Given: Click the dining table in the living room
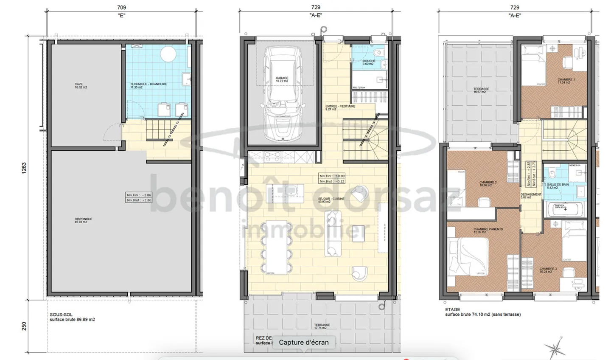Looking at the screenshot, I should (277, 247).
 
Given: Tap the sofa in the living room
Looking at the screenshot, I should (333, 233).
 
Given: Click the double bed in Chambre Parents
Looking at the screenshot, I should (469, 258).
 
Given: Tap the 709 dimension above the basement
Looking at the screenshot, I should (121, 7).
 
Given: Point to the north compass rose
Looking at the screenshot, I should (556, 348).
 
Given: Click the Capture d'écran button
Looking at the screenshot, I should (304, 342).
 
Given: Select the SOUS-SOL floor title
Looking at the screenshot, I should (61, 315).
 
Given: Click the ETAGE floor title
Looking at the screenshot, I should (452, 309).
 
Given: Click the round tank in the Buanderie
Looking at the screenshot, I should (168, 54).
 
